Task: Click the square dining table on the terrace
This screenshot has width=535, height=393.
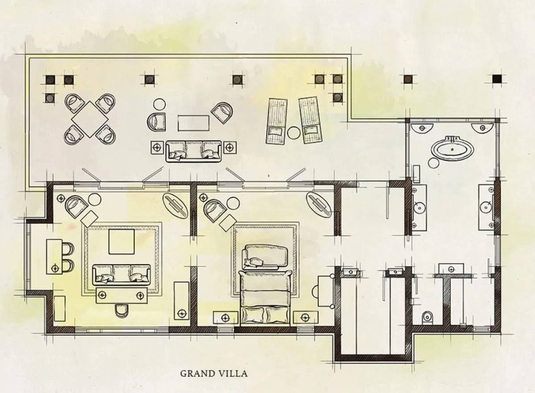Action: pyautogui.click(x=90, y=119)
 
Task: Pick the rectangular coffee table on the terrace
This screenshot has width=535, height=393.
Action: pyautogui.click(x=193, y=123)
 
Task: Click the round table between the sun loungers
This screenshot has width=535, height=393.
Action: pyautogui.click(x=293, y=132)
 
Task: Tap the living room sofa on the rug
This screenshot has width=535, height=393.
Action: pyautogui.click(x=121, y=275)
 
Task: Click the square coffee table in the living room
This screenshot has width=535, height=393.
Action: pyautogui.click(x=121, y=241)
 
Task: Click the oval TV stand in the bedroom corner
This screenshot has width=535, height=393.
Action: pyautogui.click(x=319, y=204)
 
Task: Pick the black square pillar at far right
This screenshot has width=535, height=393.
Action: pyautogui.click(x=497, y=79)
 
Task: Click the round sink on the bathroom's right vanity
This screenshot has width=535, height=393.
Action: pyautogui.click(x=486, y=207)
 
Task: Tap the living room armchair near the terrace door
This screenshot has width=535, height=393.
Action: pyautogui.click(x=76, y=207)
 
